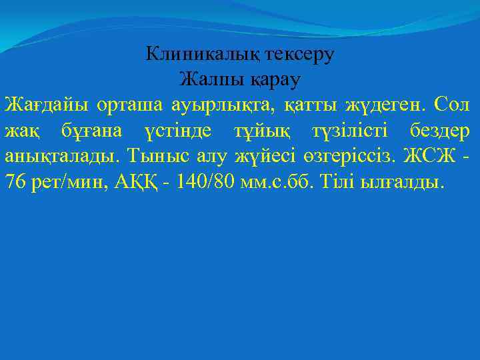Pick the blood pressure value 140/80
click(203, 181)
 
